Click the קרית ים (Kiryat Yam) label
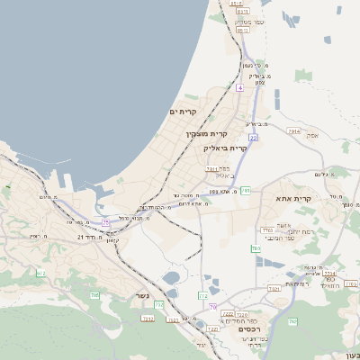[x=183, y=111]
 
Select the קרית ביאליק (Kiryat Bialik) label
[x=225, y=147]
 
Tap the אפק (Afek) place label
[x=312, y=135]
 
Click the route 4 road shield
[x=240, y=88]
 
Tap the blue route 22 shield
[x=254, y=138]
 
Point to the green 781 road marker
[x=246, y=191]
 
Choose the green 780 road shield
[x=256, y=248]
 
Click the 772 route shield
[x=203, y=295]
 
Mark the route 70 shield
[x=212, y=308]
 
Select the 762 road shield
[x=292, y=321]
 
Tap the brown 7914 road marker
[x=293, y=131]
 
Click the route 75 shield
[x=105, y=221]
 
